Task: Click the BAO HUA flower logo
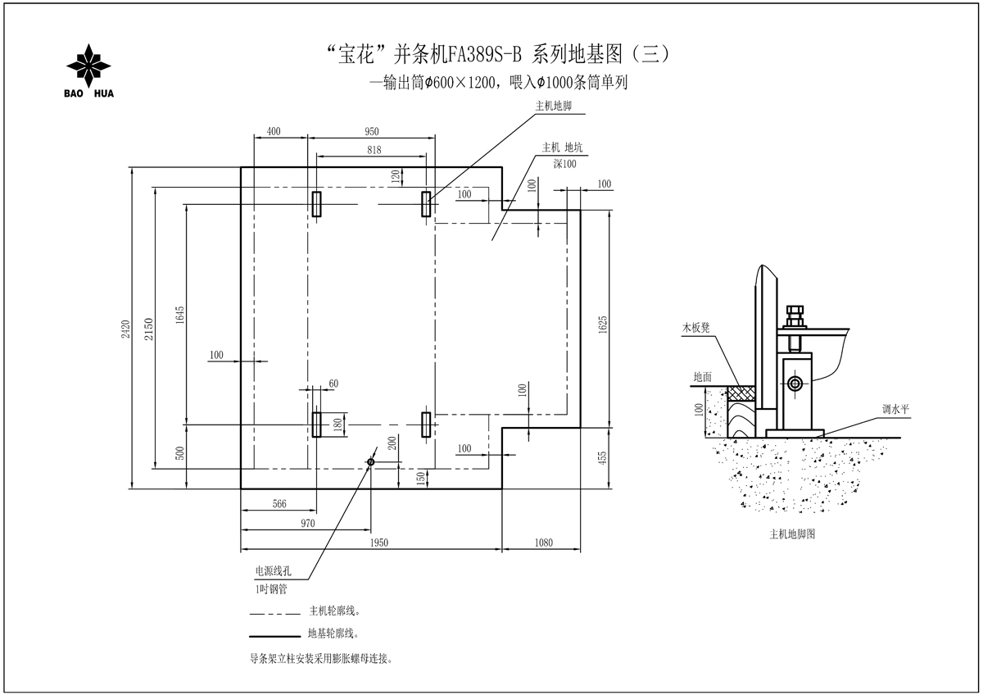pyautogui.click(x=88, y=66)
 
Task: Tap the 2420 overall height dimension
pyautogui.click(x=126, y=329)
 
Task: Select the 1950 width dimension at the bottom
pyautogui.click(x=378, y=543)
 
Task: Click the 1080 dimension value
pyautogui.click(x=543, y=543)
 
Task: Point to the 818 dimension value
pyautogui.click(x=374, y=150)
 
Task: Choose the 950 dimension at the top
pyautogui.click(x=371, y=131)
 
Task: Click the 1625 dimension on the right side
pyautogui.click(x=603, y=325)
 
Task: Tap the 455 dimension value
pyautogui.click(x=603, y=458)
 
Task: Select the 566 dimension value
pyautogui.click(x=279, y=503)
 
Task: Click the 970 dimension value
pyautogui.click(x=308, y=524)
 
